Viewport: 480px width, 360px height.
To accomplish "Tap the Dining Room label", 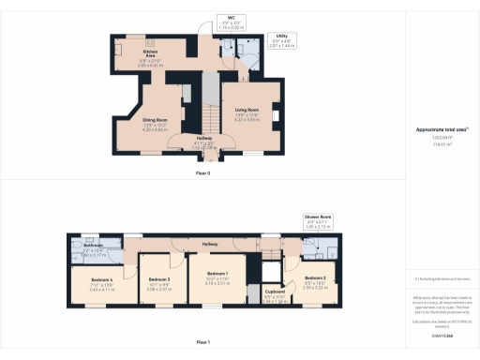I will (x=154, y=121).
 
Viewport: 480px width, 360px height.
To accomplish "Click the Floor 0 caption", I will (x=202, y=173).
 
